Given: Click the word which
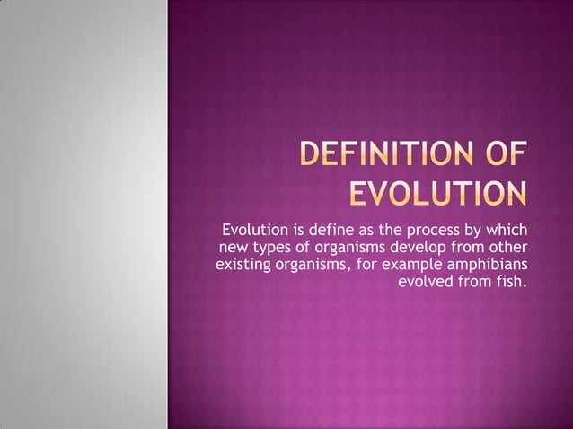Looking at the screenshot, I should point(507,228).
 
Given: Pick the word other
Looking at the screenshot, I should point(508,246).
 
